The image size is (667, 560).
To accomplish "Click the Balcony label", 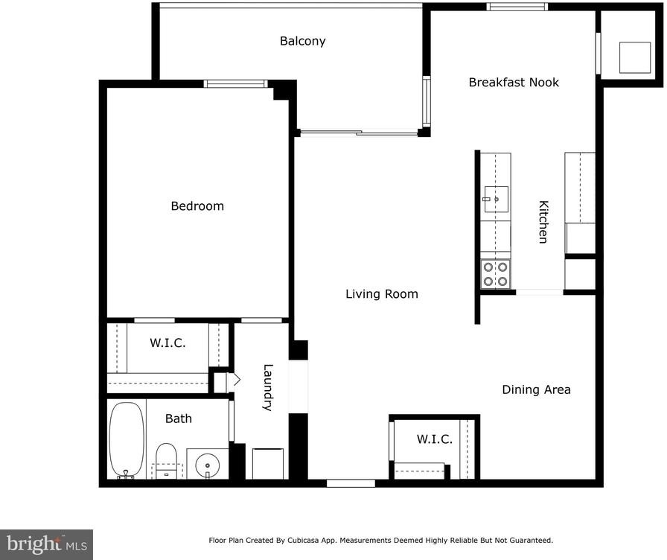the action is click(x=302, y=41).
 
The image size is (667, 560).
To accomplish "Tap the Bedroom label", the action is click(x=197, y=206).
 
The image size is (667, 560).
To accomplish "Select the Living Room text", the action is click(x=382, y=294).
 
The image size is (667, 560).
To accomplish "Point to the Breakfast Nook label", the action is click(x=514, y=82).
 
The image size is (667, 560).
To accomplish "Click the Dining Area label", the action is click(x=536, y=389).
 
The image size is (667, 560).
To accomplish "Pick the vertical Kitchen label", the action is click(x=543, y=222).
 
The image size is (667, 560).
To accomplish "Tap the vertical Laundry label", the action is click(x=267, y=387).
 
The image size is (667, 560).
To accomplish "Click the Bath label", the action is click(x=178, y=419).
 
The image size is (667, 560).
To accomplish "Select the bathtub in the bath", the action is click(x=127, y=440).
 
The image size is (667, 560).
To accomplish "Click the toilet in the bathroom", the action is click(x=166, y=461).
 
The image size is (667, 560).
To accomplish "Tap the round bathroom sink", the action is click(x=208, y=465).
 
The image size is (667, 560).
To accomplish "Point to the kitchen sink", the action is click(x=496, y=199).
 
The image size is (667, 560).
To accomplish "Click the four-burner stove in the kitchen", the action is click(x=496, y=274).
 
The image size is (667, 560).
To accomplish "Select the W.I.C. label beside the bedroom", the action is click(x=167, y=343).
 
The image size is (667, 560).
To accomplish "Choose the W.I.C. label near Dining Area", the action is click(x=434, y=439).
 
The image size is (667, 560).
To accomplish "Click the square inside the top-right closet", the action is click(x=635, y=57).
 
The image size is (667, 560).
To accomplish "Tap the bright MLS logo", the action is click(x=46, y=544).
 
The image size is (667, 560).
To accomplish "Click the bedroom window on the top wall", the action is click(x=236, y=84).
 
